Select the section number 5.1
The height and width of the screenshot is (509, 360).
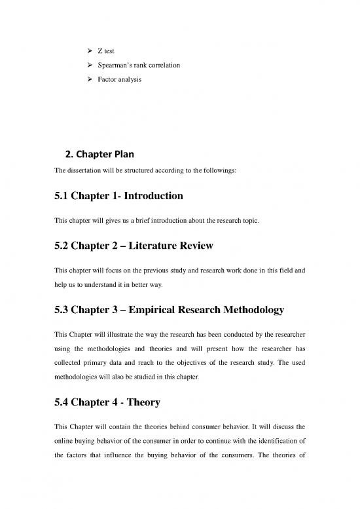click(56, 195)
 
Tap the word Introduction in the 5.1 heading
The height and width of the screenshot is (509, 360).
click(152, 195)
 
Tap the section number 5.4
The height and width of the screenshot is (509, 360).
click(56, 395)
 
